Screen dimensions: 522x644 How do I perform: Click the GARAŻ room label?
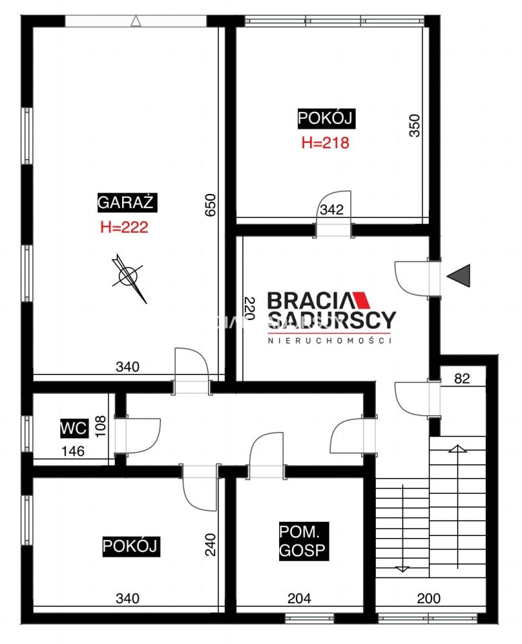pos(127,202)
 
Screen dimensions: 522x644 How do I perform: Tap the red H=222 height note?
pos(124,227)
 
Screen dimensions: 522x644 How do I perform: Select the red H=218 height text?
pos(325,142)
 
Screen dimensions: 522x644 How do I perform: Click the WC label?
pos(74,428)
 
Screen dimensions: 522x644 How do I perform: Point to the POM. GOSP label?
pos(304,541)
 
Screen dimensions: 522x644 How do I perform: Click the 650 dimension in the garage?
pos(210,205)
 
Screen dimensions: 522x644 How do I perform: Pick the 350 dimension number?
pos(415,125)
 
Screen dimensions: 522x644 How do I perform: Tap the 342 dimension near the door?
pos(331,209)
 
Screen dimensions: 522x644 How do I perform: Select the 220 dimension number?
pos(250,308)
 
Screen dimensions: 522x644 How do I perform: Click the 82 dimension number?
pos(462,378)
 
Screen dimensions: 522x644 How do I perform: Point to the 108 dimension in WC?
pos(100,427)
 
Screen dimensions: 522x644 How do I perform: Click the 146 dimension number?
pos(73,451)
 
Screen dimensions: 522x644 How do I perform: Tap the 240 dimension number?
pos(210,545)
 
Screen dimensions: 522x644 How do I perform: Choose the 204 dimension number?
pos(299,598)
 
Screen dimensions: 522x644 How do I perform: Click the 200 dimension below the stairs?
pos(429,598)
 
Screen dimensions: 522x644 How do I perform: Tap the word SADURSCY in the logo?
pos(332,321)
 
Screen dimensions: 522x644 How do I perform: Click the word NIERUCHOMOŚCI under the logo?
pos(329,340)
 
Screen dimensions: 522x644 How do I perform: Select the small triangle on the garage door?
pos(136,21)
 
